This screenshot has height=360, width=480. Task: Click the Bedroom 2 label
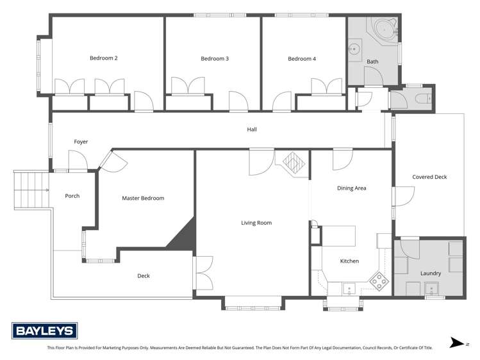click(x=103, y=58)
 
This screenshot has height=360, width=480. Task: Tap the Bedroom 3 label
click(x=215, y=59)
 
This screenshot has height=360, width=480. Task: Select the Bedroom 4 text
click(x=302, y=59)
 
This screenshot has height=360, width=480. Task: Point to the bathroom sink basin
click(x=354, y=47)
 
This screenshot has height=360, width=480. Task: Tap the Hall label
click(x=252, y=129)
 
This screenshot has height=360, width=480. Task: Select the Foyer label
click(x=81, y=142)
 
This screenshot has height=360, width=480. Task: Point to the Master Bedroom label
click(x=143, y=198)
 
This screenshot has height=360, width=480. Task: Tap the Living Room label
click(x=256, y=223)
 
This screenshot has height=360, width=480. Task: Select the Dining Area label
click(x=351, y=188)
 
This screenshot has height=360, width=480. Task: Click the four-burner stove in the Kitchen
click(x=379, y=279)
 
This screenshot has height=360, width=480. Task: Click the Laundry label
click(x=430, y=274)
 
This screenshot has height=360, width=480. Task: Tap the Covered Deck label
click(x=429, y=177)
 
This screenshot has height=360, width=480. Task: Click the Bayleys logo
click(x=45, y=331)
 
